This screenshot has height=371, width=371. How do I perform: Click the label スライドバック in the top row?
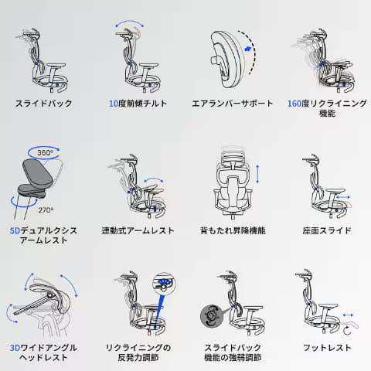43,104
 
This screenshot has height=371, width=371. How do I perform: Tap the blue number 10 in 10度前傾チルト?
114,104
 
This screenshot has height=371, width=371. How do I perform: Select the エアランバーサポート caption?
232,104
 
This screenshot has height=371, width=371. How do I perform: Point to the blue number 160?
294,104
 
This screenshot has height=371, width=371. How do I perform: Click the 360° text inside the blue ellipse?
46,152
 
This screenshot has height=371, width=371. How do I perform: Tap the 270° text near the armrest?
46,210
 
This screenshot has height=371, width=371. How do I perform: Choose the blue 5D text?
15,230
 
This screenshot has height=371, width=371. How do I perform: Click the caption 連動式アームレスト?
138,230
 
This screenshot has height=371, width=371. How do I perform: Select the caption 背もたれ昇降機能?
233,230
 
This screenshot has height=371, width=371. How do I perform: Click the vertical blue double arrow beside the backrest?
257,174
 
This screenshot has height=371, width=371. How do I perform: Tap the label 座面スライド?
327,230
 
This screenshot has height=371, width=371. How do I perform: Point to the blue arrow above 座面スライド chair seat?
343,197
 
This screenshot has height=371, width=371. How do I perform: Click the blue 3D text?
15,348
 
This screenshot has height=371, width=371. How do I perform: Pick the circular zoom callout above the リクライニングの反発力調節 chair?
164,284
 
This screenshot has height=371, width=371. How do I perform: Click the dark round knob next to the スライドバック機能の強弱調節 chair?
211,316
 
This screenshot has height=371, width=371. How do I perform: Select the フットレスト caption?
327,348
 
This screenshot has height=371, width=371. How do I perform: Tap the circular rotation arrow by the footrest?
347,331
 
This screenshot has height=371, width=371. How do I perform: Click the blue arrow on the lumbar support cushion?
247,49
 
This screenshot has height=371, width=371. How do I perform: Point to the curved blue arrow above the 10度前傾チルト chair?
129,22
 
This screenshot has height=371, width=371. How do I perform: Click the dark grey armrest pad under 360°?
37,172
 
